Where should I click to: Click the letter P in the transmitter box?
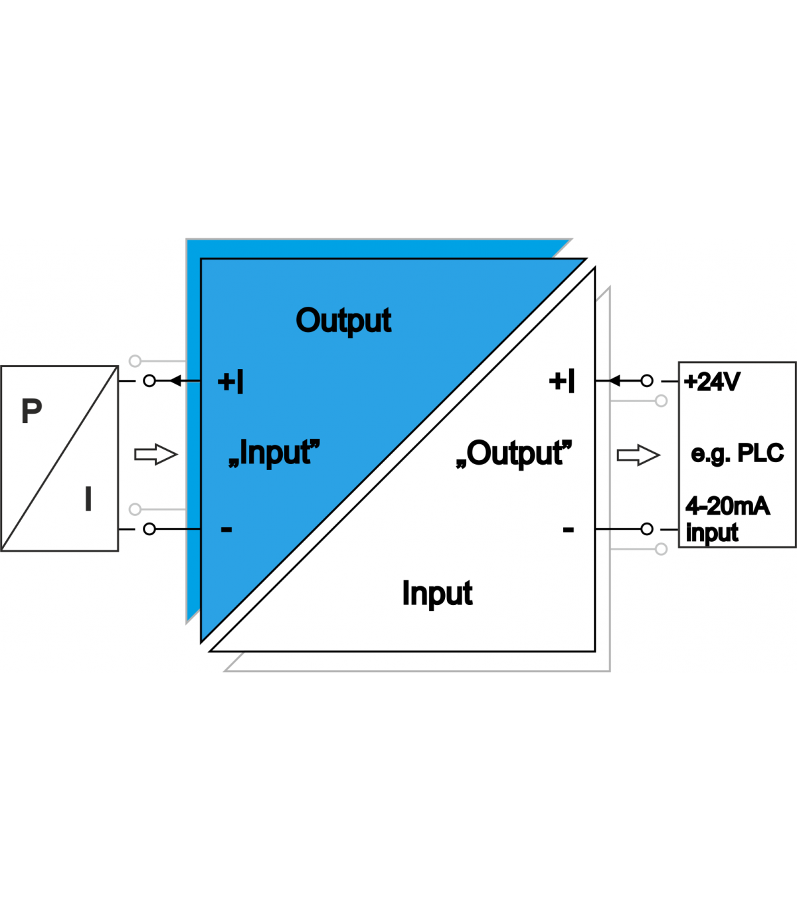pos(32,410)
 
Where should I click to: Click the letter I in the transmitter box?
pos(88,498)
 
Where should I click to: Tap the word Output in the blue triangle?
pos(343,321)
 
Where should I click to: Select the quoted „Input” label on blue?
pos(274,453)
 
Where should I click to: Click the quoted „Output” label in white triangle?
pos(514,454)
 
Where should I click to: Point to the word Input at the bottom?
pos(437,594)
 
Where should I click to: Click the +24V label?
pos(712,382)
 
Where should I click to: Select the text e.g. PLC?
pos(737,454)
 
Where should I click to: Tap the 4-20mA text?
pos(727,506)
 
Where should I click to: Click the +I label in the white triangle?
pos(561,381)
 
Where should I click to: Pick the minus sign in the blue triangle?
pos(226,529)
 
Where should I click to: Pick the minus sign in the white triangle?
pos(568,529)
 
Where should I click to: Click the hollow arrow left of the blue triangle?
pos(156,454)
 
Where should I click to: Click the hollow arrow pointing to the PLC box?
pos(638,455)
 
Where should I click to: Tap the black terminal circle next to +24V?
pos(647,380)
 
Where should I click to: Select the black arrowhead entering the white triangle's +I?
pos(614,380)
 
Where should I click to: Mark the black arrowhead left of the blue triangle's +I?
pos(175,380)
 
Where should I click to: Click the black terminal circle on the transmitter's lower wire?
pos(149,529)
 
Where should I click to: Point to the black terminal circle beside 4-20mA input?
pos(647,529)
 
